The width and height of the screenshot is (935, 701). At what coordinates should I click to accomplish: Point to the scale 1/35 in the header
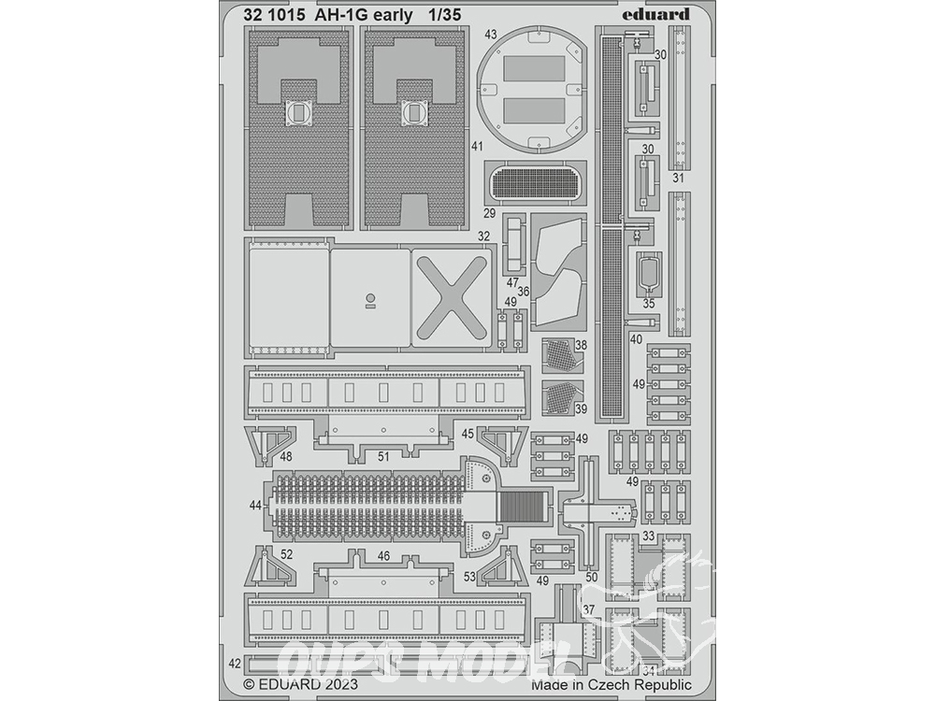pyautogui.click(x=444, y=16)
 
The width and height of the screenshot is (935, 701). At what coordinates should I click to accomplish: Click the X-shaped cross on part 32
pyautogui.click(x=450, y=295)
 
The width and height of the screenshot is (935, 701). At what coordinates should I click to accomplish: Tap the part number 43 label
pyautogui.click(x=490, y=36)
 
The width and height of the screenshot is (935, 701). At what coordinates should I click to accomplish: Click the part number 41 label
pyautogui.click(x=477, y=146)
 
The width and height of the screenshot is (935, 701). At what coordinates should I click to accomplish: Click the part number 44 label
pyautogui.click(x=256, y=505)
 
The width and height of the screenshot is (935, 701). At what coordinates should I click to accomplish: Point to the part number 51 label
pyautogui.click(x=382, y=457)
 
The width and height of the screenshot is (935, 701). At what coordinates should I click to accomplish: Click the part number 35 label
pyautogui.click(x=649, y=304)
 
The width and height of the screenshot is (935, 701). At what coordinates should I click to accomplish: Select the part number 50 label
pyautogui.click(x=591, y=578)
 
